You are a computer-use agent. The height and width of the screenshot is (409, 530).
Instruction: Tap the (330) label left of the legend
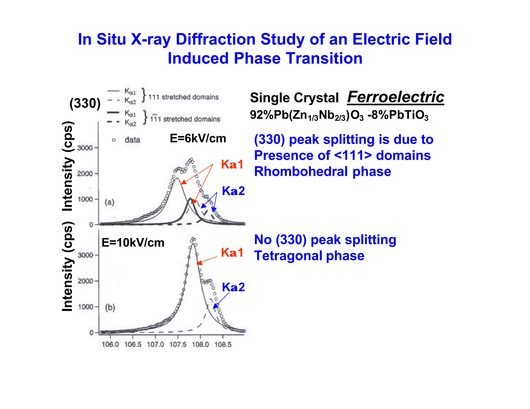[85, 103]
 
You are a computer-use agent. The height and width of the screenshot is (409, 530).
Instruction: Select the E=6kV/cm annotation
[198, 139]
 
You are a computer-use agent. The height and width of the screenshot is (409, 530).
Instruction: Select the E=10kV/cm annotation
[133, 243]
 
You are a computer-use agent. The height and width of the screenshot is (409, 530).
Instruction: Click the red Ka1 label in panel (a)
[232, 165]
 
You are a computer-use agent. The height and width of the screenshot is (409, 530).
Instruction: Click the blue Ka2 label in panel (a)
[233, 191]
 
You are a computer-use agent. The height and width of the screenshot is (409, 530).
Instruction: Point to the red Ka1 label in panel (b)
[232, 253]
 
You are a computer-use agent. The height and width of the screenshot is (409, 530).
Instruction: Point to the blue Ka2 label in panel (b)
[233, 287]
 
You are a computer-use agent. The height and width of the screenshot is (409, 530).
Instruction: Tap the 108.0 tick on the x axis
[200, 344]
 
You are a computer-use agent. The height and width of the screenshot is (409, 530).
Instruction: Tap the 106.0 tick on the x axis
[110, 344]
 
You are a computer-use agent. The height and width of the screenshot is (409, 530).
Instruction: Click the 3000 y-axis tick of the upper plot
[85, 148]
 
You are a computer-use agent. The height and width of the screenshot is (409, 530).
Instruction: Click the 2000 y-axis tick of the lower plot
[85, 281]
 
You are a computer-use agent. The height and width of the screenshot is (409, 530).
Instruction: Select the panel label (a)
[109, 202]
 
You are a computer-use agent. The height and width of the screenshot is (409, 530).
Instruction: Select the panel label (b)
[110, 307]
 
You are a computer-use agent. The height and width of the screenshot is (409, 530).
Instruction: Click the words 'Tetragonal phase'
[309, 256]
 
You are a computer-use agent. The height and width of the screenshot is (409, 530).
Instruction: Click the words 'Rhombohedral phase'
[322, 171]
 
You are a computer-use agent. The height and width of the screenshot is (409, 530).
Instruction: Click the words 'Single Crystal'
[294, 98]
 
